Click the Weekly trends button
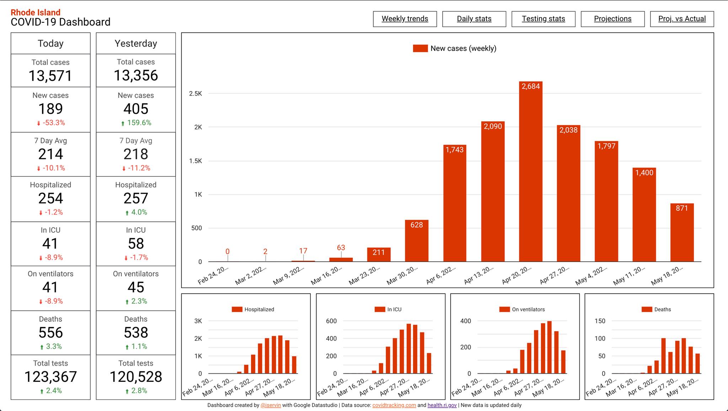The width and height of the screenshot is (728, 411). [405, 19]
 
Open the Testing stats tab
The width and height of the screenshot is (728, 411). [543, 19]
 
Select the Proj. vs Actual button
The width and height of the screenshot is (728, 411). [682, 19]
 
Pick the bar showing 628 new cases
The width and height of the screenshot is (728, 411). [416, 242]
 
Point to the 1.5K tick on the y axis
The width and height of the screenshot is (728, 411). [196, 161]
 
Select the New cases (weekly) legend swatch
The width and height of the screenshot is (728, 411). [420, 48]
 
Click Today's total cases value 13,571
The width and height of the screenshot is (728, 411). [50, 76]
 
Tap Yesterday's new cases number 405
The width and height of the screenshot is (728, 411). [136, 109]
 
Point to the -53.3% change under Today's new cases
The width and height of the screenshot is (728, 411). [54, 123]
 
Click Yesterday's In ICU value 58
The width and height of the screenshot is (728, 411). [136, 244]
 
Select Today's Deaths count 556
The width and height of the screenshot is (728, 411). [50, 332]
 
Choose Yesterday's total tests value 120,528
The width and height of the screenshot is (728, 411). [136, 377]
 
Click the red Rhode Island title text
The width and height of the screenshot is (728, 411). [36, 12]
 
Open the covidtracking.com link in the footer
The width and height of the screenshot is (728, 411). [394, 405]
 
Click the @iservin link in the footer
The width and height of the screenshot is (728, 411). [271, 405]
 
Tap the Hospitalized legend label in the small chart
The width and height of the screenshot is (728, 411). [259, 309]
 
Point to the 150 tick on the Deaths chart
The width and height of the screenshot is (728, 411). [600, 321]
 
